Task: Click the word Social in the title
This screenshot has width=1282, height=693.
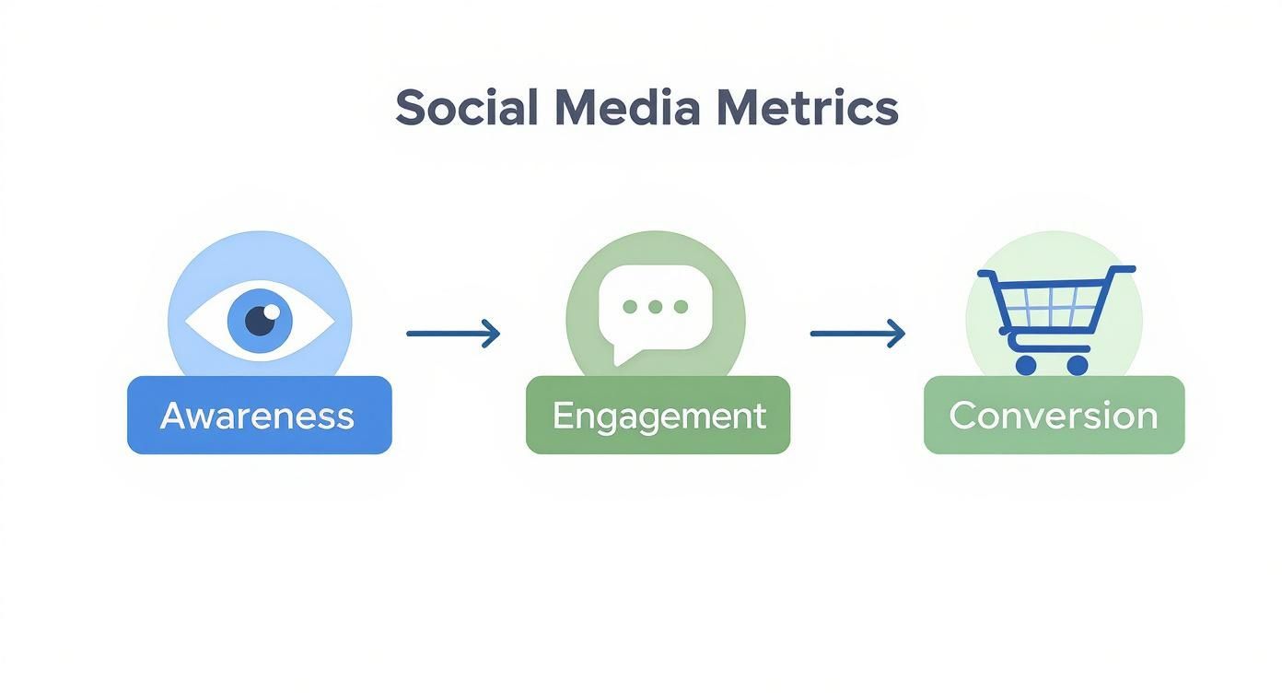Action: click(466, 108)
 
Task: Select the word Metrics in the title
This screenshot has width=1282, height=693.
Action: click(806, 108)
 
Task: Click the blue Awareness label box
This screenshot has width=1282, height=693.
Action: click(259, 416)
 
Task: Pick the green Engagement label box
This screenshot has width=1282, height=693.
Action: click(658, 416)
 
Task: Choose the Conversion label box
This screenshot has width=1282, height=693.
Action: click(1054, 416)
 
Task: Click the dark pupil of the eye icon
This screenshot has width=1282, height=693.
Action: click(262, 320)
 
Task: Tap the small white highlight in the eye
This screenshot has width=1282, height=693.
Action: click(272, 311)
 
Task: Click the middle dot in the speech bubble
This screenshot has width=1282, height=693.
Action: click(655, 307)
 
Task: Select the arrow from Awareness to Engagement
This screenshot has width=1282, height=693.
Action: click(452, 334)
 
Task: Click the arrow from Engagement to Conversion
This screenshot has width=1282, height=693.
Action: click(857, 334)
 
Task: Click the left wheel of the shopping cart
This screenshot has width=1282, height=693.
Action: click(1026, 365)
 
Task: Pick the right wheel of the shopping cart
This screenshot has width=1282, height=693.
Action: click(1077, 365)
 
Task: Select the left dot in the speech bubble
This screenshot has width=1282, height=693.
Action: click(630, 307)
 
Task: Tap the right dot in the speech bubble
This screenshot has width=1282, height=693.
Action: click(681, 307)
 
